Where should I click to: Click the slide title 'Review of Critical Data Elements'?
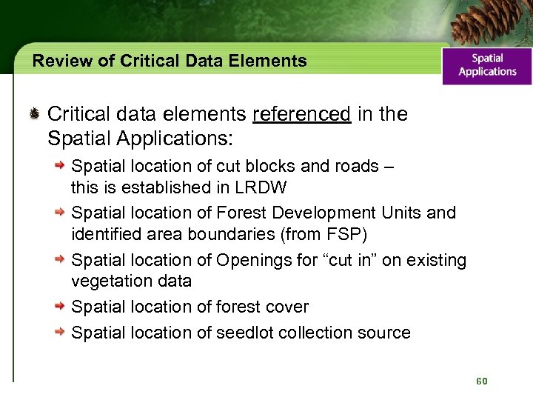170,61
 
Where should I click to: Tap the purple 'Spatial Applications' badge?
487,65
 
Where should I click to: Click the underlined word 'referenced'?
301,114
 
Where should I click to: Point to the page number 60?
482,381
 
